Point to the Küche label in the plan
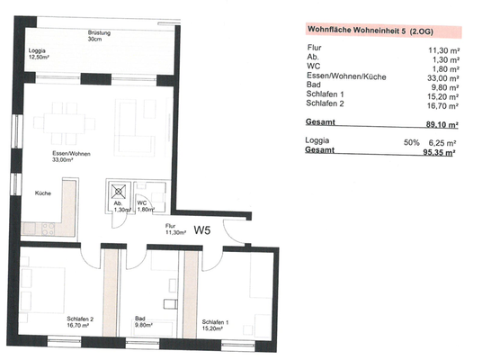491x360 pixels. [x=42, y=193]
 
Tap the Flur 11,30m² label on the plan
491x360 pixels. [x=175, y=229]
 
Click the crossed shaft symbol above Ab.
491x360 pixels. [x=118, y=190]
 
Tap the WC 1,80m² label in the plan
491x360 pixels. [x=144, y=206]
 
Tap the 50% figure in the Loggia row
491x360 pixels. [x=412, y=141]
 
